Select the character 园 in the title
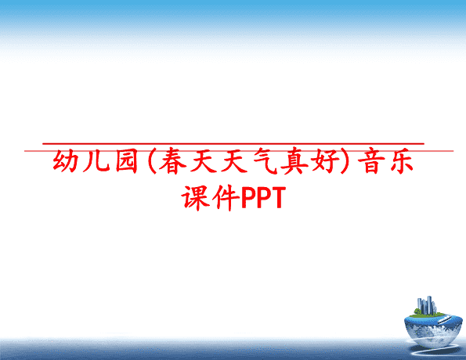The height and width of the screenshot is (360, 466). click(x=127, y=160)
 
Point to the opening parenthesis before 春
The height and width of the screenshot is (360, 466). click(x=152, y=160)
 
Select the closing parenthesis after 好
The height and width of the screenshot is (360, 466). click(x=345, y=160)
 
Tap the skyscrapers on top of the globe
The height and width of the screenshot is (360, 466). click(x=427, y=305)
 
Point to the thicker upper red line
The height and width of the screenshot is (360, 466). click(x=233, y=144)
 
